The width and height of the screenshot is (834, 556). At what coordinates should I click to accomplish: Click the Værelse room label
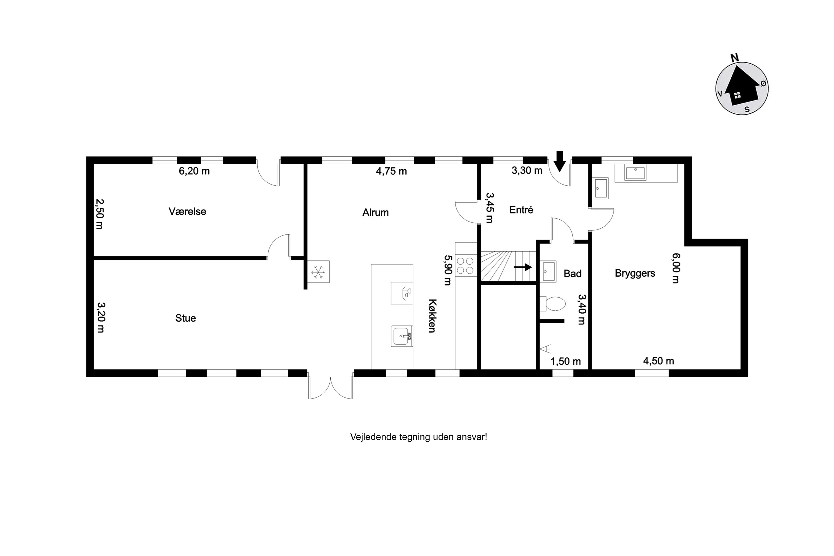187,211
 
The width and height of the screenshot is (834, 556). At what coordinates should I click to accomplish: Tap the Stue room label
185,318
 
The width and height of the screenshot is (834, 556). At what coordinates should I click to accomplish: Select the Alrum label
376,212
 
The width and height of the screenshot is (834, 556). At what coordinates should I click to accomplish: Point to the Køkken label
432,316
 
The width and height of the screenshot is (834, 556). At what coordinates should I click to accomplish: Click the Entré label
521,210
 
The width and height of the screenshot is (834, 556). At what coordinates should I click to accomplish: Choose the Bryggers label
635,273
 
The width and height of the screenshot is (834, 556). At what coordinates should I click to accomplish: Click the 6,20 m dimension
194,171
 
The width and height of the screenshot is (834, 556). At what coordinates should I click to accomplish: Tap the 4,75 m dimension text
391,171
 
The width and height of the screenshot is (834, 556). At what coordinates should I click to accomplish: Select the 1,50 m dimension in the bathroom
565,361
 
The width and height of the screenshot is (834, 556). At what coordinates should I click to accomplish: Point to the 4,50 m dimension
659,361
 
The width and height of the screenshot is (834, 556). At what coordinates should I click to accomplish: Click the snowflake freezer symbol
318,272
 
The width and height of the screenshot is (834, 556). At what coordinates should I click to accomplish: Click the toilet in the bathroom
553,304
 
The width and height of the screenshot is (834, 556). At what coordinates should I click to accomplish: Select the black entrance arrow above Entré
560,161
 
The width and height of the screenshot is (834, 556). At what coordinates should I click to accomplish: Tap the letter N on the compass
734,58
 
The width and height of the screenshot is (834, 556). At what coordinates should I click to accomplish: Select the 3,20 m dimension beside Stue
101,317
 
